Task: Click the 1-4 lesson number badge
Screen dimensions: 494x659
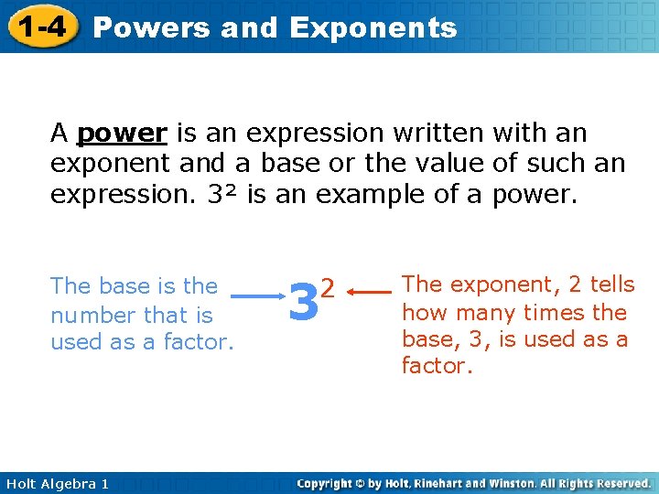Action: click(x=38, y=27)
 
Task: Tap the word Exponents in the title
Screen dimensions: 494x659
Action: click(x=373, y=27)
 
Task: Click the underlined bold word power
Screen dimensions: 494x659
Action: click(x=122, y=134)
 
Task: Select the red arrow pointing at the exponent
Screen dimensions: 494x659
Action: click(x=370, y=293)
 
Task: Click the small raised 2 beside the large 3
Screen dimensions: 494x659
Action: click(x=328, y=285)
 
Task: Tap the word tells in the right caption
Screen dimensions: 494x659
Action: click(x=610, y=285)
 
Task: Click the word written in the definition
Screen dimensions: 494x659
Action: click(x=440, y=134)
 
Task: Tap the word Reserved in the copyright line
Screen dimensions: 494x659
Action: click(x=620, y=483)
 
